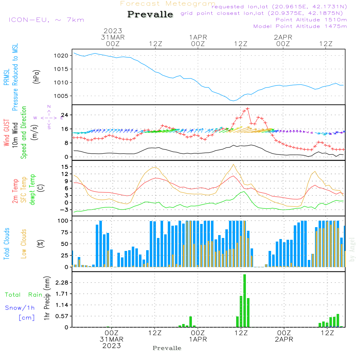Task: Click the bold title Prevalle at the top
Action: (150, 14)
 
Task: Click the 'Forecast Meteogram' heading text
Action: (168, 4)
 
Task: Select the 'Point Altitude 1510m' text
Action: (311, 20)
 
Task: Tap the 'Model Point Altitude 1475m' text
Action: (300, 26)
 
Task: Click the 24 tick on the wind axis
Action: (65, 115)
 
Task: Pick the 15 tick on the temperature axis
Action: (65, 167)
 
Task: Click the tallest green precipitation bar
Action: (245, 301)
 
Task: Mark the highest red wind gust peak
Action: (248, 108)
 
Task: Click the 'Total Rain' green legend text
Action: (24, 295)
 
